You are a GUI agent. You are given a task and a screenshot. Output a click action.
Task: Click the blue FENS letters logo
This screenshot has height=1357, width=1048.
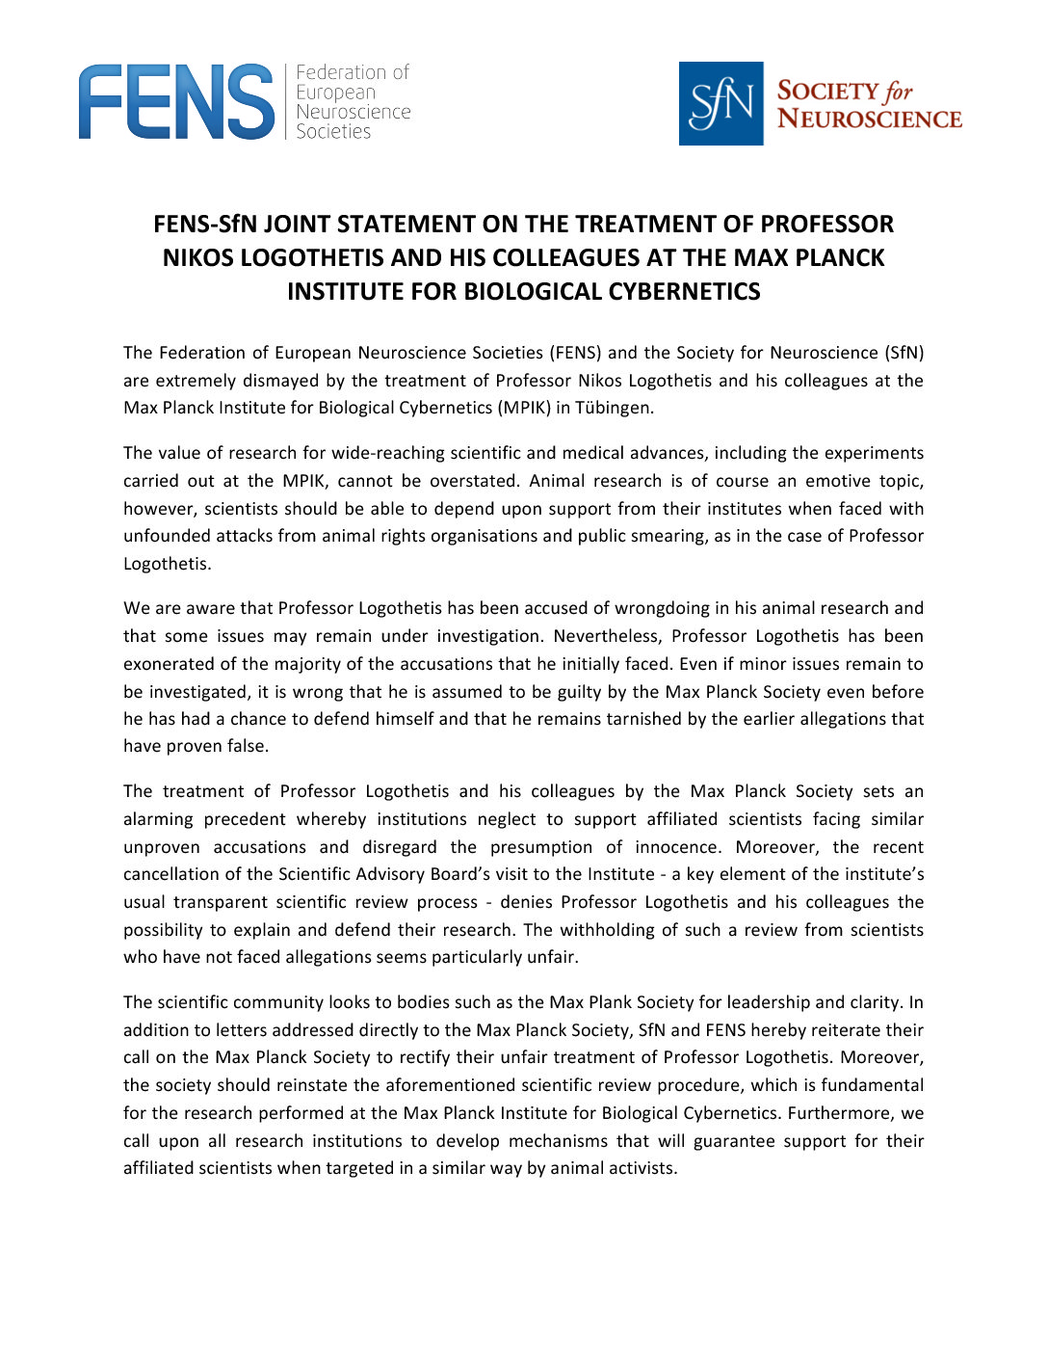coord(176,102)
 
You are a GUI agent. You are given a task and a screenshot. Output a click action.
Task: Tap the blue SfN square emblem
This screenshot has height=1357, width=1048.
coord(720,104)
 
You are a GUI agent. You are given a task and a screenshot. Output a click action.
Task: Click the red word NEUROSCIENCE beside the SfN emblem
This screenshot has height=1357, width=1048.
coord(869,120)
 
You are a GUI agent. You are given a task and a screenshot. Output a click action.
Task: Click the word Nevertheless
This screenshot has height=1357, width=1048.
coord(607,636)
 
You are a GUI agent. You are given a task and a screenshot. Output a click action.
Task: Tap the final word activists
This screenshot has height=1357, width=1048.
coord(645,1168)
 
